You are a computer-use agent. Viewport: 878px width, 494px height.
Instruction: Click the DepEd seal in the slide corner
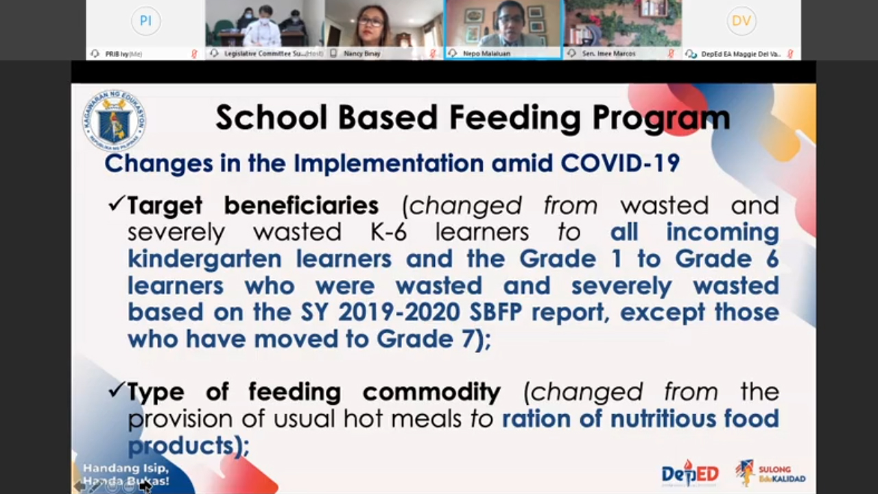[114, 121]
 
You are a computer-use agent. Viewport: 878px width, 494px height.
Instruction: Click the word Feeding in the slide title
[515, 118]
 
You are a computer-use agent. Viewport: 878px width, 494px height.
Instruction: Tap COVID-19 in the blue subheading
[620, 163]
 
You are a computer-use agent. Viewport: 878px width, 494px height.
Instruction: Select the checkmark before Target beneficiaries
[116, 204]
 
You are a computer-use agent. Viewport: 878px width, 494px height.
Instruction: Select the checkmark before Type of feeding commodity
[116, 390]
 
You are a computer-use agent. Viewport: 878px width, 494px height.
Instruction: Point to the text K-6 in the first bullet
[388, 232]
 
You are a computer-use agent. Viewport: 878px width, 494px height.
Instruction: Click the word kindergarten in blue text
[204, 259]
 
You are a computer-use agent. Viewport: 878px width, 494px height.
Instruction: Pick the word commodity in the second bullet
[431, 392]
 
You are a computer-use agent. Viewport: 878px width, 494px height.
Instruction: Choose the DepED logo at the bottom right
[689, 473]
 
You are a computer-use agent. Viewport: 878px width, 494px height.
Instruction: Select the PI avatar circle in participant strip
[145, 21]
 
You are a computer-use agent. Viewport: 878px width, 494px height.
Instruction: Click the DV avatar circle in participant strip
[741, 21]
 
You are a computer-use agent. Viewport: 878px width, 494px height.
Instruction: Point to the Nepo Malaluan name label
[486, 54]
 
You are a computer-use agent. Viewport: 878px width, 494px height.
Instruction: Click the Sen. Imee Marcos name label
[608, 54]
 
